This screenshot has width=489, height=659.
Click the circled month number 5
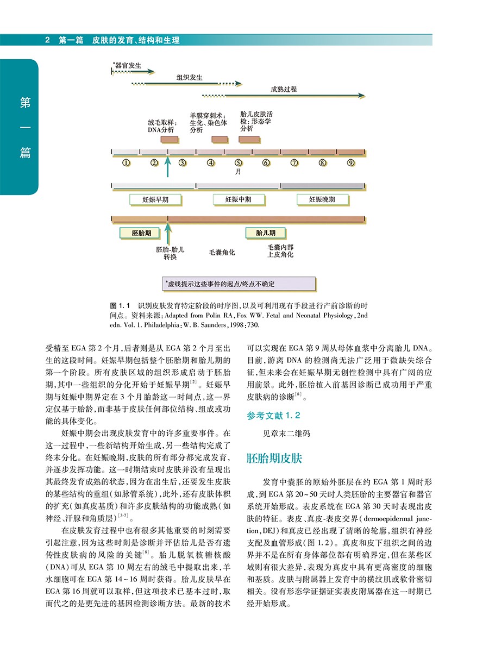[238, 162]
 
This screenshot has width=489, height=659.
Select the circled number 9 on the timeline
[351, 162]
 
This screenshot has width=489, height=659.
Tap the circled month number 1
[126, 162]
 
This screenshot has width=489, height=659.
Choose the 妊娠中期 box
[239, 199]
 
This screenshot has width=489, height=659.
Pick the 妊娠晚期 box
[322, 199]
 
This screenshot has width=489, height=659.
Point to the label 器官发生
[128, 65]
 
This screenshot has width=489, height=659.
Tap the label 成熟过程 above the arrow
[284, 89]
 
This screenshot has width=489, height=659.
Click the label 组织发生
[190, 77]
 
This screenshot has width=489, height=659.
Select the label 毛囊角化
[222, 253]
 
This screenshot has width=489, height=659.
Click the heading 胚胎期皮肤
[274, 457]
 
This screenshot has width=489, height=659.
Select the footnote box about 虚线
[239, 284]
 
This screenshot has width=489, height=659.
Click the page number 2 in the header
[48, 40]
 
